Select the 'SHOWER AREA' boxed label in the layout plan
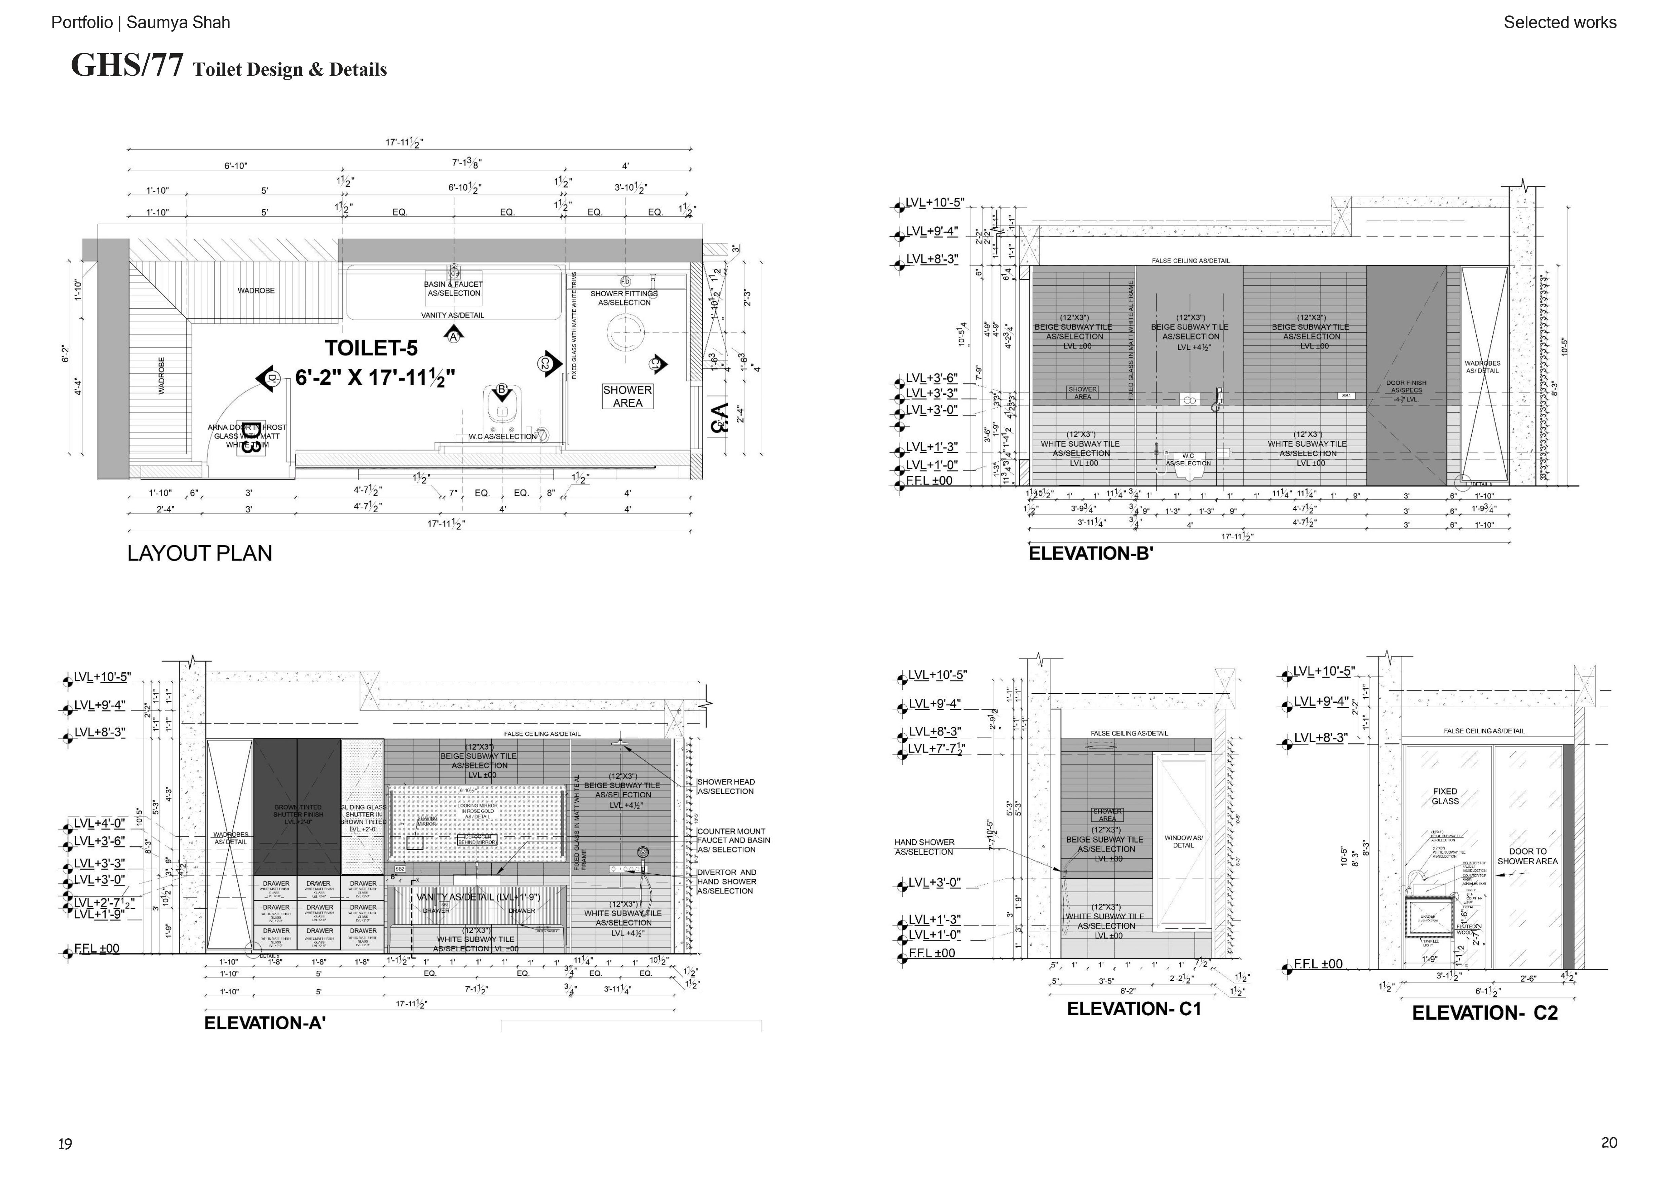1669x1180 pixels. [x=627, y=396]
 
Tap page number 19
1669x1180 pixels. [x=65, y=1144]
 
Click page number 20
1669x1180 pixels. [x=1609, y=1142]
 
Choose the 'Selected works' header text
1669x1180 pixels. [x=1559, y=23]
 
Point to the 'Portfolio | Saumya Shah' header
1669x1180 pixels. [x=140, y=23]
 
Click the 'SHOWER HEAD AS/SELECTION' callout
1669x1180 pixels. [x=725, y=787]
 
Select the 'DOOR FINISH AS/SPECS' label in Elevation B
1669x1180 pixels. [x=1406, y=387]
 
